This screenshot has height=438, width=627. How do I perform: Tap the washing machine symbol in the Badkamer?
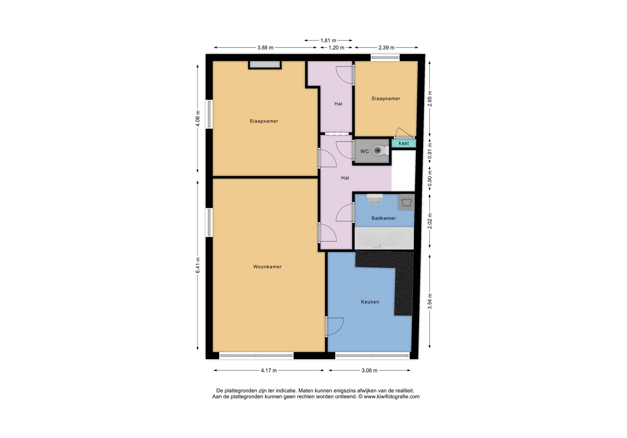406,202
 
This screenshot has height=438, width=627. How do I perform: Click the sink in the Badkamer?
375,199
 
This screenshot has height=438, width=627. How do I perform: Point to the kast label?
404,143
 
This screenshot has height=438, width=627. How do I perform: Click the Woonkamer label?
267,267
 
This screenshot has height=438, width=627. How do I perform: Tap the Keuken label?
370,302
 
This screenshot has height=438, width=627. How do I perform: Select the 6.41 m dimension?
198,265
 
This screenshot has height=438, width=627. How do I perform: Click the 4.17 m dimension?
269,370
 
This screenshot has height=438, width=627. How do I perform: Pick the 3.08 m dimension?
370,370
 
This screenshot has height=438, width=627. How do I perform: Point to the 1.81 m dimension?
328,41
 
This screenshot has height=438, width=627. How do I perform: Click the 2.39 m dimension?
386,48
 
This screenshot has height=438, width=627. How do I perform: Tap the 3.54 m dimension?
430,301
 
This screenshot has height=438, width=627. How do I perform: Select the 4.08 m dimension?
198,119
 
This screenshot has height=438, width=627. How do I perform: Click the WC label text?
365,151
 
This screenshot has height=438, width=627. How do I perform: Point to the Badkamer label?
384,218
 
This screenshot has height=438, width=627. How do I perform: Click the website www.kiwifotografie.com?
392,397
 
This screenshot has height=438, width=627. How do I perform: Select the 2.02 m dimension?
430,221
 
